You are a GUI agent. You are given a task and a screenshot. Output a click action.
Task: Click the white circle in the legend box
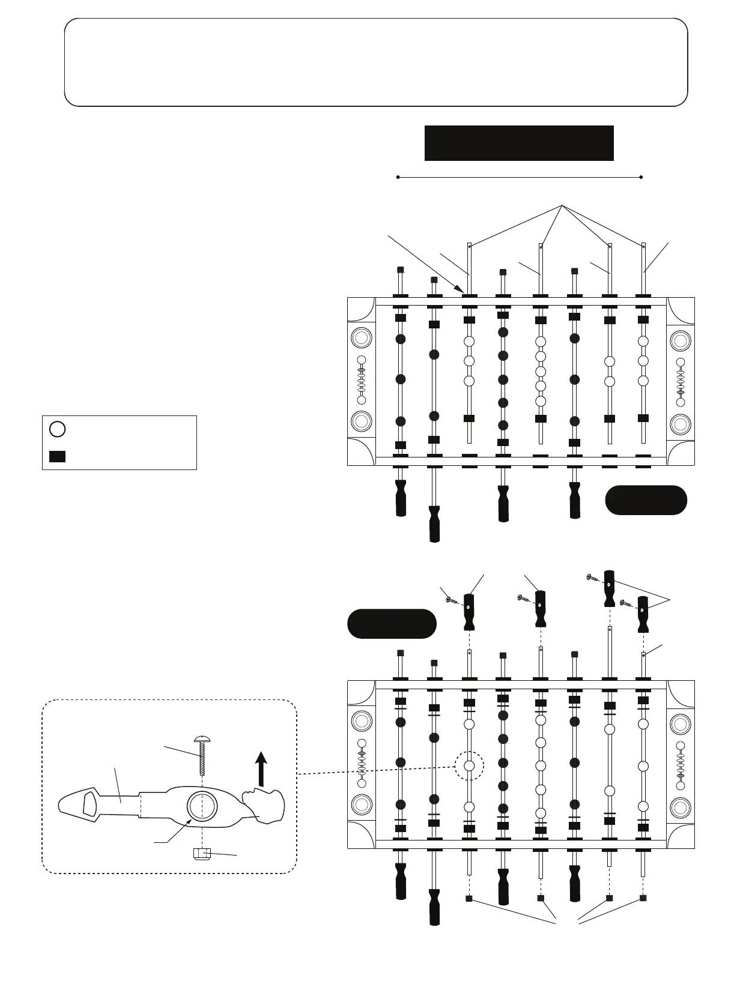57,429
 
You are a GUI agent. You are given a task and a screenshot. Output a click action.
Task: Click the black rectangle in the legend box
57,456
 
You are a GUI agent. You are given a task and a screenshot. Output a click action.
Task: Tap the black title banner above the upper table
519,143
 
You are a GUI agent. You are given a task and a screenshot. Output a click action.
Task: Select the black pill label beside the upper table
646,500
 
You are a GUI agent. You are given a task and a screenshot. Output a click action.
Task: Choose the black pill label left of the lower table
392,624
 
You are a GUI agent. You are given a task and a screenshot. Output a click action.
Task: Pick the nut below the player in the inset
202,853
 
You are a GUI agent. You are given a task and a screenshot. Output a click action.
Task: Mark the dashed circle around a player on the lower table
470,765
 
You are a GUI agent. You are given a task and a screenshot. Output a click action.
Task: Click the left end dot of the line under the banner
398,177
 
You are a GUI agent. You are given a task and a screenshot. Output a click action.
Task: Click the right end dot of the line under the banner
641,177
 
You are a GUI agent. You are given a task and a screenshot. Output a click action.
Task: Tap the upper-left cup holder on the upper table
362,339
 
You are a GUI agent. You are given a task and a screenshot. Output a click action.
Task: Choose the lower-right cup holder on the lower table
681,806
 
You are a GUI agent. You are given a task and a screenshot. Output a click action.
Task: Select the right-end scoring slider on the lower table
681,765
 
